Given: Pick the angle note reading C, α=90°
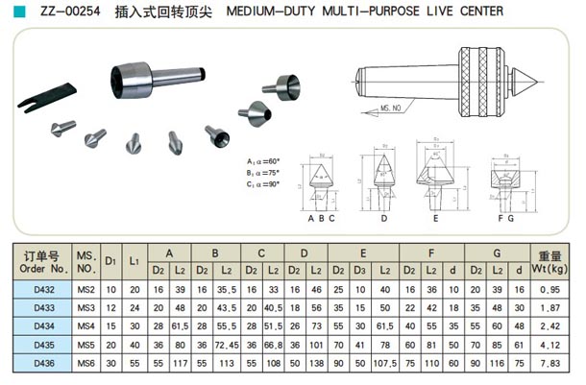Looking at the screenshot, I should click(x=264, y=182).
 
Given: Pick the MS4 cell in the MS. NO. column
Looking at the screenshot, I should click(x=86, y=326).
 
